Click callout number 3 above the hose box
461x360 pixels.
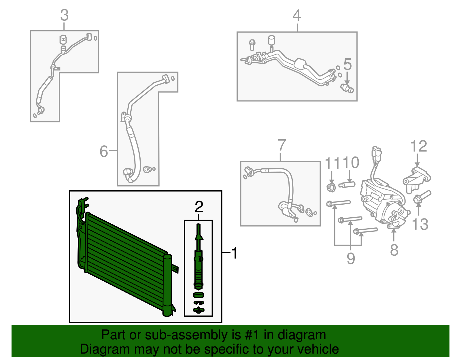coord(64,15)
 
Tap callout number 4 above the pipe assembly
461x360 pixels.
coord(297,16)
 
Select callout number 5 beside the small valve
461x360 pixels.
coord(347,64)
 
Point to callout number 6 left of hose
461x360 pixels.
coord(103,151)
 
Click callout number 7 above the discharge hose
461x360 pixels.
coord(281,145)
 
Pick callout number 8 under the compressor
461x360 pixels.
coord(394,250)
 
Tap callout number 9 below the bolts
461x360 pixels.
coord(351,258)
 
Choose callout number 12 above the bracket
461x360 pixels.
coord(419,146)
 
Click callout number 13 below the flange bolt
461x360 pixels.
coord(420,224)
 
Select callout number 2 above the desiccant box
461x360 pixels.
coord(199,207)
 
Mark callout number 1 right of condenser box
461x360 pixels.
coord(235,253)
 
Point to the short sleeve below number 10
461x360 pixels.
coord(347,184)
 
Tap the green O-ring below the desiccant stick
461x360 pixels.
coord(198,295)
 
